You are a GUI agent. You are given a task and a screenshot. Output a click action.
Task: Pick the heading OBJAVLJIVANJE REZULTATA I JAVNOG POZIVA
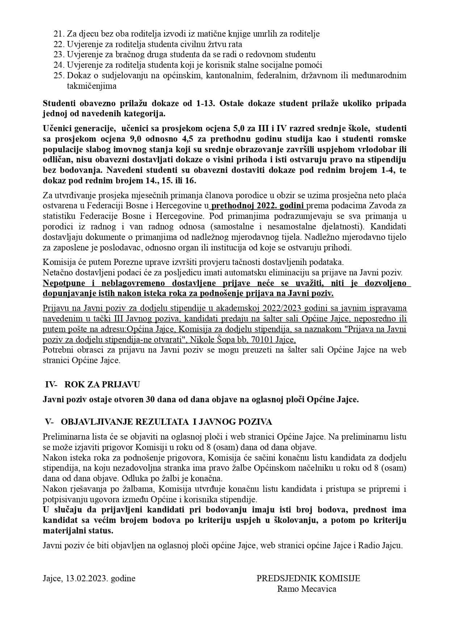tap(167, 422)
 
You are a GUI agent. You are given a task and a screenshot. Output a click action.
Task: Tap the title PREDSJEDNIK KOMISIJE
tap(308, 578)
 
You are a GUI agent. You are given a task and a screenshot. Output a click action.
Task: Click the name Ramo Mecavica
tap(307, 589)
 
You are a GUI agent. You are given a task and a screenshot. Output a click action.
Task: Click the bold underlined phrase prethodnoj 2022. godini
tap(258, 206)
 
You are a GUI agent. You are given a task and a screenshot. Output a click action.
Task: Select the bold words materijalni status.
tap(78, 531)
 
